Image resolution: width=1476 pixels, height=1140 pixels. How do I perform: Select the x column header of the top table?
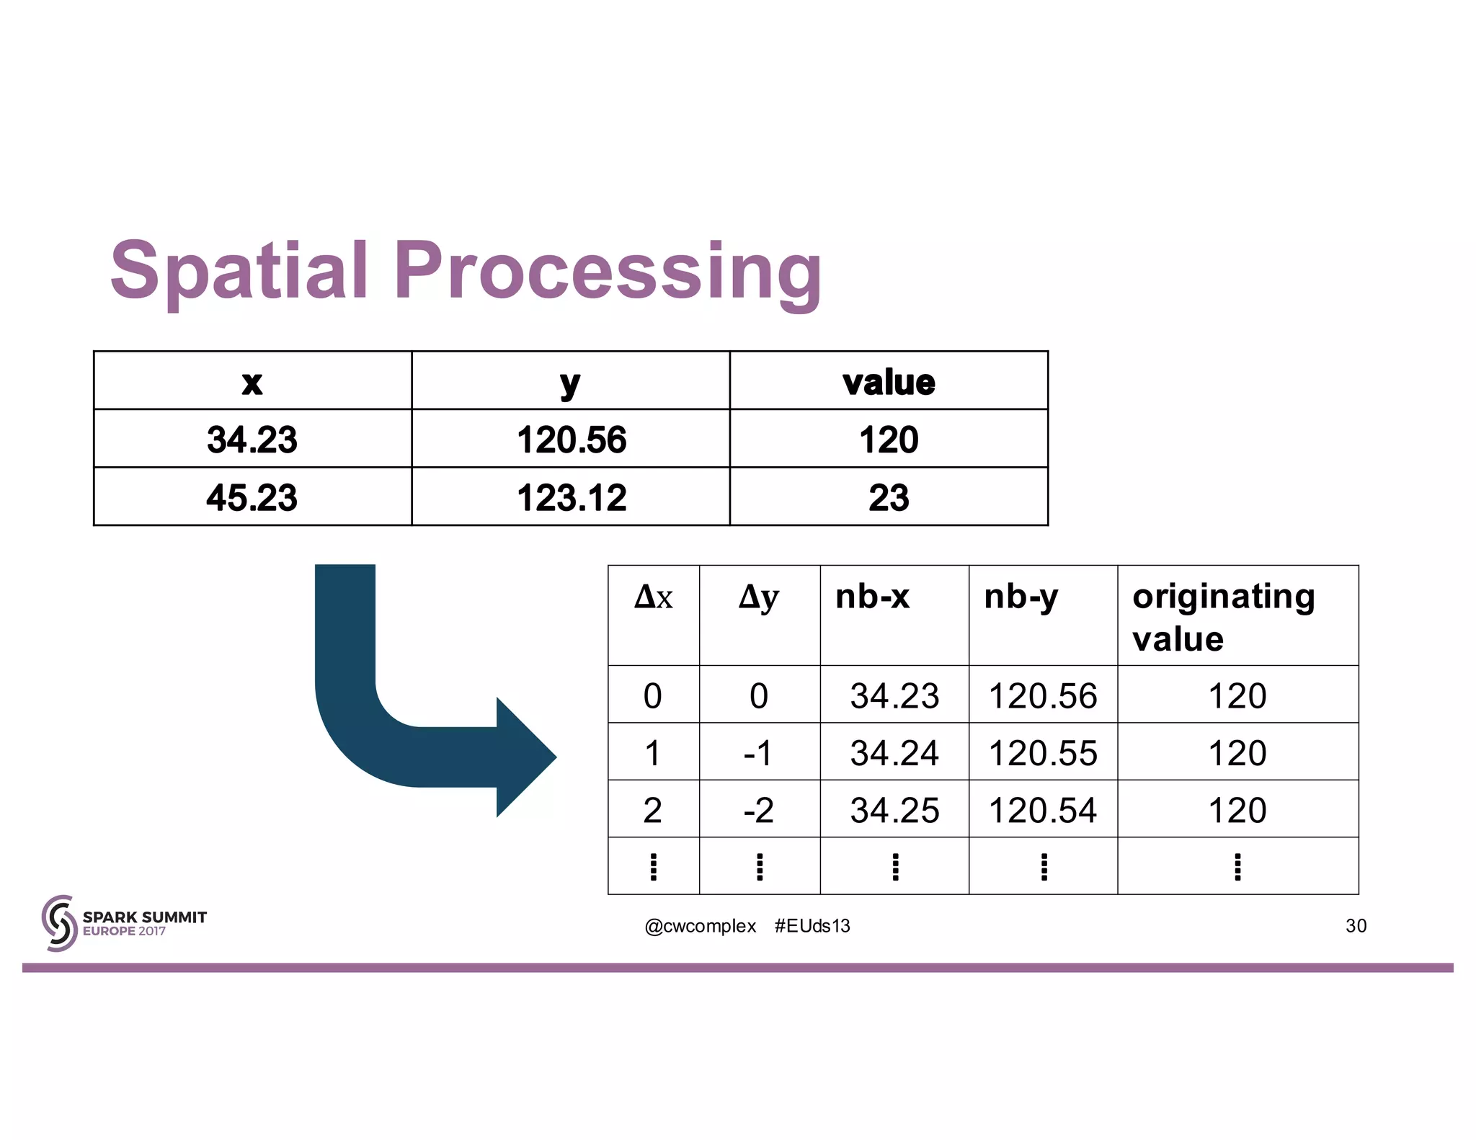(x=252, y=382)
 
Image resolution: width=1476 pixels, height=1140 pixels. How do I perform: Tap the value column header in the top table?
(x=889, y=382)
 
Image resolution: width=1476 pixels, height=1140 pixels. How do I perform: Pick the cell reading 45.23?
(x=252, y=497)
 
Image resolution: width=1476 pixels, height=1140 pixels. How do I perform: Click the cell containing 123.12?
(x=571, y=497)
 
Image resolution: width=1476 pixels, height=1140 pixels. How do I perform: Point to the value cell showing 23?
(x=889, y=497)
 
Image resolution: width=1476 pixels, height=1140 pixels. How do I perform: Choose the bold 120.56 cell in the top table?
(x=571, y=440)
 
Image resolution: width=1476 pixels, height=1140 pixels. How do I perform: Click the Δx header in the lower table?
(x=653, y=598)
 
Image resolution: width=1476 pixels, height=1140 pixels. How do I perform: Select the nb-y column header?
(x=1021, y=597)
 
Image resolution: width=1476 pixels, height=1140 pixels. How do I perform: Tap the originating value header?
(x=1224, y=617)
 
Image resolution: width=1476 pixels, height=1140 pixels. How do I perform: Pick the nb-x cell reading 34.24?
(x=894, y=753)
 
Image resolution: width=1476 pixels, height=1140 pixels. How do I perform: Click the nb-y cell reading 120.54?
(x=1042, y=810)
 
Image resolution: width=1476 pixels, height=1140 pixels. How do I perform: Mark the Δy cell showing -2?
(x=759, y=810)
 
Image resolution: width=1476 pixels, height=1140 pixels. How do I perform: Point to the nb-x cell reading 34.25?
(x=894, y=810)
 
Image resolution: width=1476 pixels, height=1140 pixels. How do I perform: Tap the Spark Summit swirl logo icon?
(x=59, y=923)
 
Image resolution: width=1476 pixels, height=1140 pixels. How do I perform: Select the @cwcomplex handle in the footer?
(x=700, y=926)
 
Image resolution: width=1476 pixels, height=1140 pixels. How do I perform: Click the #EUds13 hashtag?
(x=812, y=926)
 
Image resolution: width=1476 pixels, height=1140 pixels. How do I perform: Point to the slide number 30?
(x=1356, y=926)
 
